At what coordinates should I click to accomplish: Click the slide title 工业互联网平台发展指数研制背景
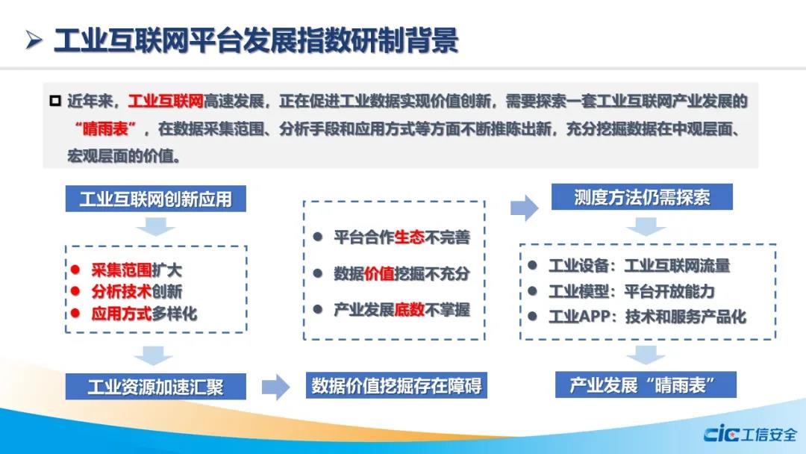click(256, 40)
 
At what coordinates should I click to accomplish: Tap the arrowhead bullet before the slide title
click(34, 40)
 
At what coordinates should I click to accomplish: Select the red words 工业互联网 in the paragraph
click(166, 101)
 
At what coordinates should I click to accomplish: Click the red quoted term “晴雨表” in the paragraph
click(105, 128)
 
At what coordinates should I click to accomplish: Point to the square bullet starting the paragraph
click(55, 101)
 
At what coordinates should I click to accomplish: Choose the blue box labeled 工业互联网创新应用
click(156, 199)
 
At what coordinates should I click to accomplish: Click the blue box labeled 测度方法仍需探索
click(642, 197)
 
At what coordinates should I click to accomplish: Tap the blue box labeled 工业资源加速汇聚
click(156, 387)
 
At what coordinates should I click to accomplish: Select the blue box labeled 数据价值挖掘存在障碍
click(396, 385)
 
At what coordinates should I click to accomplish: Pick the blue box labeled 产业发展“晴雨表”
click(646, 385)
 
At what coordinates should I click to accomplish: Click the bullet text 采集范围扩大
click(137, 270)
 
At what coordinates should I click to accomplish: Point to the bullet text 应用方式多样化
click(144, 313)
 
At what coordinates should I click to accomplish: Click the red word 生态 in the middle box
click(410, 237)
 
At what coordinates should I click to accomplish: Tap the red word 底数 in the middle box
click(410, 310)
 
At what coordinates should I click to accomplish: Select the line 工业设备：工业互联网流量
click(640, 266)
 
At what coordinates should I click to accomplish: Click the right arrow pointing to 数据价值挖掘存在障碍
click(276, 387)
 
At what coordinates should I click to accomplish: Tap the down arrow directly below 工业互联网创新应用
click(156, 226)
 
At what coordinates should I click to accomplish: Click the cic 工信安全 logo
click(751, 435)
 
